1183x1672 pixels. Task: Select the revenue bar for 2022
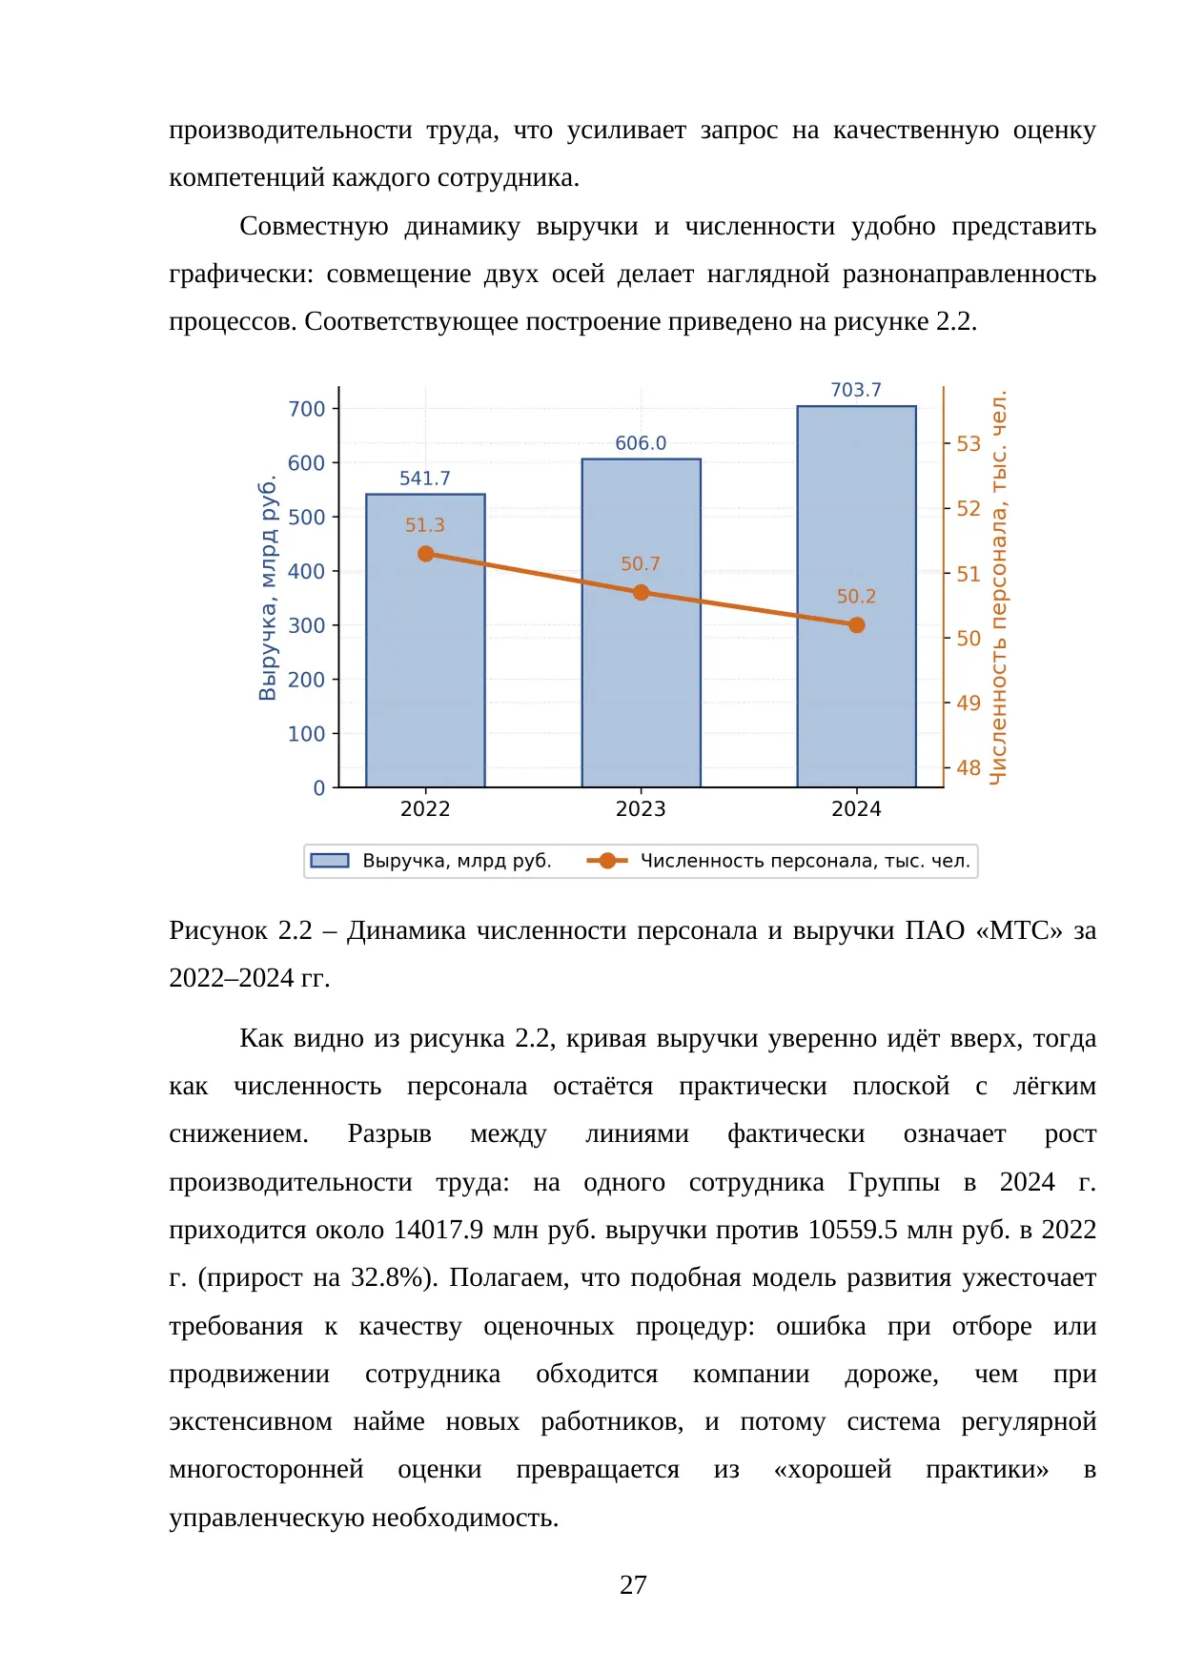pos(425,641)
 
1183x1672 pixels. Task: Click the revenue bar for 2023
pos(641,623)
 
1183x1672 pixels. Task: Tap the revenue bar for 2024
pos(856,597)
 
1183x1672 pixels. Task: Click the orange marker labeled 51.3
pos(426,554)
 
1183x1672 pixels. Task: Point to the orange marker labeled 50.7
pos(642,592)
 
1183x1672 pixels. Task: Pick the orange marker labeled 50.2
pos(857,625)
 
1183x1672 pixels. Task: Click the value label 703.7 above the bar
pos(856,390)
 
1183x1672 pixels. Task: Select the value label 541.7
pos(425,478)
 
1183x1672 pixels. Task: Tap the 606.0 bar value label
pos(641,443)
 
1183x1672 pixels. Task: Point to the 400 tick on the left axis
pos(307,571)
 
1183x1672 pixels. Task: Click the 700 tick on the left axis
pos(307,409)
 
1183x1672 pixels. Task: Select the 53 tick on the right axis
pos(969,443)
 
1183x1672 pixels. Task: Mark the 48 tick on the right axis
pos(969,767)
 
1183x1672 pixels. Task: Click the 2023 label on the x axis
pos(641,809)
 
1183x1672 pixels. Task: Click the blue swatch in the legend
pos(330,861)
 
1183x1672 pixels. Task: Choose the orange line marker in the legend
pos(607,861)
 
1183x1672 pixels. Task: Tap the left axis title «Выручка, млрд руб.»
pos(268,590)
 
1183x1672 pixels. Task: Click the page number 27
pos(633,1585)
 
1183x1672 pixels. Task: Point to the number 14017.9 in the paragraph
pos(439,1230)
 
